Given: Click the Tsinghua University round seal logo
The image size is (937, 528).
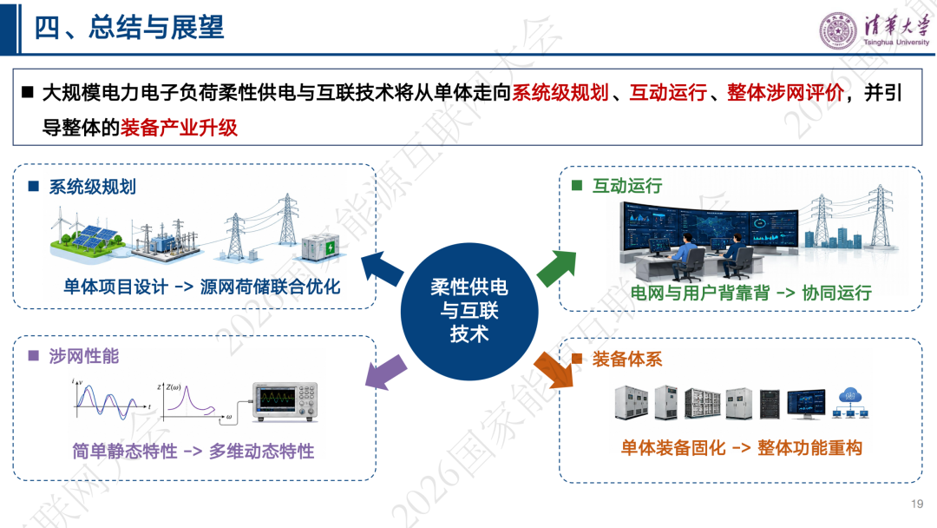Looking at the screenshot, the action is [x=838, y=30].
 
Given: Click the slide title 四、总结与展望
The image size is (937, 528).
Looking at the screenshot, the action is [x=129, y=28].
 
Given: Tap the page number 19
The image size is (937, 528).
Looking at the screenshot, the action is [x=917, y=504].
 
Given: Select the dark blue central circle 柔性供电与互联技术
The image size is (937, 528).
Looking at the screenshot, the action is [x=469, y=311].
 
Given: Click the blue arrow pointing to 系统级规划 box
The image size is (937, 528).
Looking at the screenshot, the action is [x=383, y=269].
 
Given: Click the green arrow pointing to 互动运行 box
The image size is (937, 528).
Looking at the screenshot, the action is [x=557, y=267].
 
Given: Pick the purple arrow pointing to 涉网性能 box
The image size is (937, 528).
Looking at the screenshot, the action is [x=385, y=372].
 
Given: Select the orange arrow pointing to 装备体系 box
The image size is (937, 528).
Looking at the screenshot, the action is [x=554, y=370].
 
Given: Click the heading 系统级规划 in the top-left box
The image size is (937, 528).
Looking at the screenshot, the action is [x=92, y=187].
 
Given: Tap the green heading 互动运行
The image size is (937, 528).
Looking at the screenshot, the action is [x=627, y=186].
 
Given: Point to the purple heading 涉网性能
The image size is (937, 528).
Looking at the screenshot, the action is [x=83, y=356].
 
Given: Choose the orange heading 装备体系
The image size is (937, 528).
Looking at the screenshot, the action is [x=627, y=359].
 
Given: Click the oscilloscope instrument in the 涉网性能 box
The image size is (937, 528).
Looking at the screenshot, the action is [x=285, y=402].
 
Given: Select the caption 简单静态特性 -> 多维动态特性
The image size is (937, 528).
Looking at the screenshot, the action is [x=193, y=451].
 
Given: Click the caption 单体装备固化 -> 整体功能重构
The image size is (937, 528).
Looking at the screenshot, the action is [x=741, y=447].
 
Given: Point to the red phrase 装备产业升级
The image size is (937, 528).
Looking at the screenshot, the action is [x=179, y=128].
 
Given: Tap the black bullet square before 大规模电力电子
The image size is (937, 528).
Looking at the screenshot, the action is [x=28, y=92].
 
